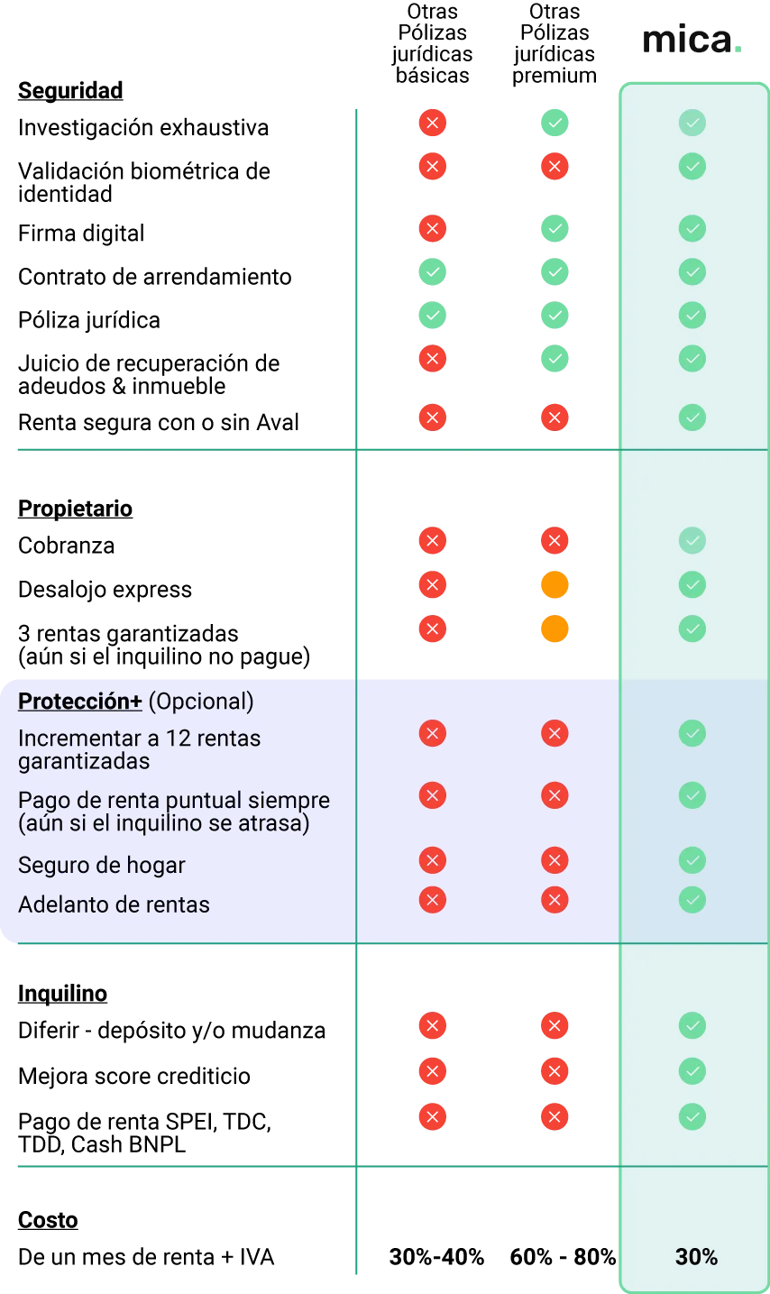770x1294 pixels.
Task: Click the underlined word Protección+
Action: [x=79, y=702]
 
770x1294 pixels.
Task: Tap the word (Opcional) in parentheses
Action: [x=201, y=702]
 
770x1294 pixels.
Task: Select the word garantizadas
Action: [x=84, y=761]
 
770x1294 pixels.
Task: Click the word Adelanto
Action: [x=59, y=904]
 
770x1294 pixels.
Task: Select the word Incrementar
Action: [x=74, y=739]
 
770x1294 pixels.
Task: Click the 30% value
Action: [x=696, y=1257]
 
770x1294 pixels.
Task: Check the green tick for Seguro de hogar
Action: [x=692, y=860]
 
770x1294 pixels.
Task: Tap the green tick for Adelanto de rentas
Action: [x=692, y=900]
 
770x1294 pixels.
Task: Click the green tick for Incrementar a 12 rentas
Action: [x=692, y=733]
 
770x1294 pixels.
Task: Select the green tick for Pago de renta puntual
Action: [x=692, y=795]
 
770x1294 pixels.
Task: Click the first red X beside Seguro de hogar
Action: [x=433, y=860]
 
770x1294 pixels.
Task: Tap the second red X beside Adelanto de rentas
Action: [x=555, y=900]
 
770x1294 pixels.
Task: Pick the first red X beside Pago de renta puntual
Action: [x=433, y=795]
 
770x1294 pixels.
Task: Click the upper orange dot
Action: [x=555, y=584]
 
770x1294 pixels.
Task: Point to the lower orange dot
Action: [x=555, y=629]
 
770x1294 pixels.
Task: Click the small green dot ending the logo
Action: [x=738, y=52]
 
